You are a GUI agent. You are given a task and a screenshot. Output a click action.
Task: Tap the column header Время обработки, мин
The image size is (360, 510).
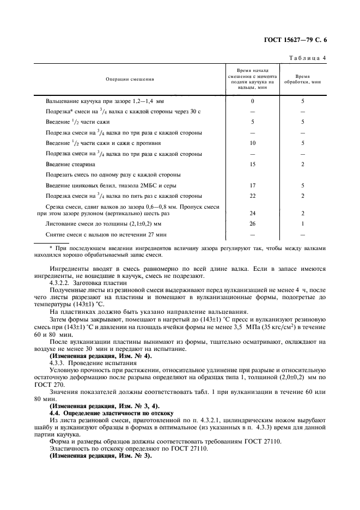tap(302, 80)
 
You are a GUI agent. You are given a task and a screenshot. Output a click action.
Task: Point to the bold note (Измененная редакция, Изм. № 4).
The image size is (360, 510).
tap(101, 355)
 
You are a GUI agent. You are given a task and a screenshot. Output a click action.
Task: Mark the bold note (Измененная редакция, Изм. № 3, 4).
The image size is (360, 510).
tap(103, 406)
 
